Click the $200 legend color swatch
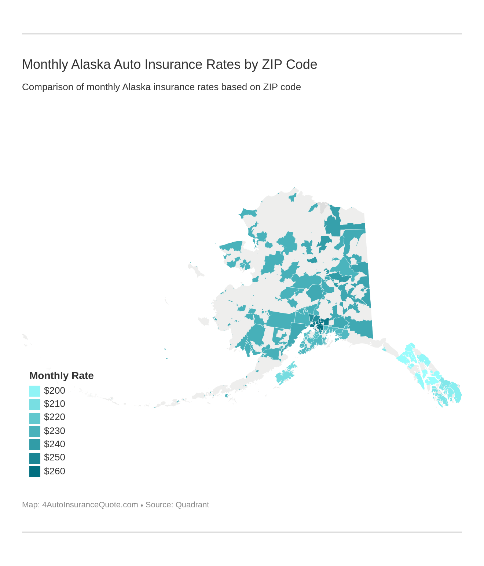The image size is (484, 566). (x=35, y=391)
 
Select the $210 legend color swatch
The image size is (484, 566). (x=35, y=404)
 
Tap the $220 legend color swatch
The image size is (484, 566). (x=35, y=418)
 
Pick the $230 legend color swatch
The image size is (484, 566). (x=35, y=431)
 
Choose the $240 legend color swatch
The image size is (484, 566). (x=35, y=444)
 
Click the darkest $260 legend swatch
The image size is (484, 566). (x=35, y=471)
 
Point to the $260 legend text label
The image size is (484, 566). (x=55, y=471)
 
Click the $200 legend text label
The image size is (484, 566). (x=55, y=391)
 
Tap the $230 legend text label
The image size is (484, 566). (x=55, y=431)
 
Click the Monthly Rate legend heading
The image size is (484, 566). (x=62, y=376)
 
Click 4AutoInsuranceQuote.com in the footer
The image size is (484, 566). (x=90, y=505)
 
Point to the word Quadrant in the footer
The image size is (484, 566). (x=192, y=505)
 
